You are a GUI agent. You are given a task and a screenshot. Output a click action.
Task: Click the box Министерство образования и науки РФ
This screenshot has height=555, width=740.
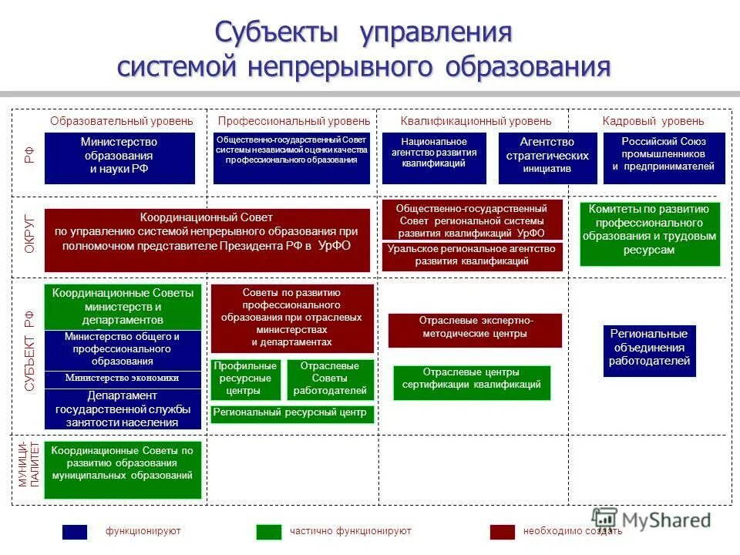pos(119,158)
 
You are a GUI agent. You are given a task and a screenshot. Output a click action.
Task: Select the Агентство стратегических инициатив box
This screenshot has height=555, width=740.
pos(547,158)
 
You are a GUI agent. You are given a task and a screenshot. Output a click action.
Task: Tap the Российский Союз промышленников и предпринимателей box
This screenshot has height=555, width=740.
pos(664,158)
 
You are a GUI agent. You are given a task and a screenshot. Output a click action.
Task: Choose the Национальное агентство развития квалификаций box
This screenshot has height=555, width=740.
pos(434,158)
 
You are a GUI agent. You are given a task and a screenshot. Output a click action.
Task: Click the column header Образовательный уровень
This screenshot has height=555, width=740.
pos(122,121)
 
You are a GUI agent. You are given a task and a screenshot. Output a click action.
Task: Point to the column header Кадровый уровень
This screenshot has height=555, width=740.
pos(652,121)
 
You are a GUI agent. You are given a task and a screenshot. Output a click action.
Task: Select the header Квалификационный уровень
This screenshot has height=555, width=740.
pos(476,121)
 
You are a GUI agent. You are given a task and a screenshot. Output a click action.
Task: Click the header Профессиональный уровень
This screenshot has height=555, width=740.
pos(294,121)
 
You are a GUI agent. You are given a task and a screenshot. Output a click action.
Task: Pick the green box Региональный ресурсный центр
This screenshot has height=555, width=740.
pos(292,414)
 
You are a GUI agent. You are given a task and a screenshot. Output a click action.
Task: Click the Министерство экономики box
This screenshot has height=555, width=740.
pos(122,378)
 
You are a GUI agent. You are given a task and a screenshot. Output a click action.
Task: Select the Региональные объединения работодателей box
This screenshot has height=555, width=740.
pos(649,351)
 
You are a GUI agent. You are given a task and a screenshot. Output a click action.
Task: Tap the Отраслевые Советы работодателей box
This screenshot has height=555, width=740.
pos(331,379)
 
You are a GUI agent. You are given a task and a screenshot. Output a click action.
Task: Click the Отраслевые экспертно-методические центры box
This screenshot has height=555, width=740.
pos(475,330)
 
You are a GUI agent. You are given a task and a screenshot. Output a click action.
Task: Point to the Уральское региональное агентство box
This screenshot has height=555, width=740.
pos(472,256)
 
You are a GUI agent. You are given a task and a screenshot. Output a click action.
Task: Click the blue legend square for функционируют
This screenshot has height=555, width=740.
pos(75,532)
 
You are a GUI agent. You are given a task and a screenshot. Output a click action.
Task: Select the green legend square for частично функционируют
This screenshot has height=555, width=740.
pos(269,532)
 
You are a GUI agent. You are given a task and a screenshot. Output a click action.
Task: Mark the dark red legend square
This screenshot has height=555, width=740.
pos(503,532)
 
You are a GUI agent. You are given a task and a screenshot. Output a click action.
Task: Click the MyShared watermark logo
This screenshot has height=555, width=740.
pos(651,520)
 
